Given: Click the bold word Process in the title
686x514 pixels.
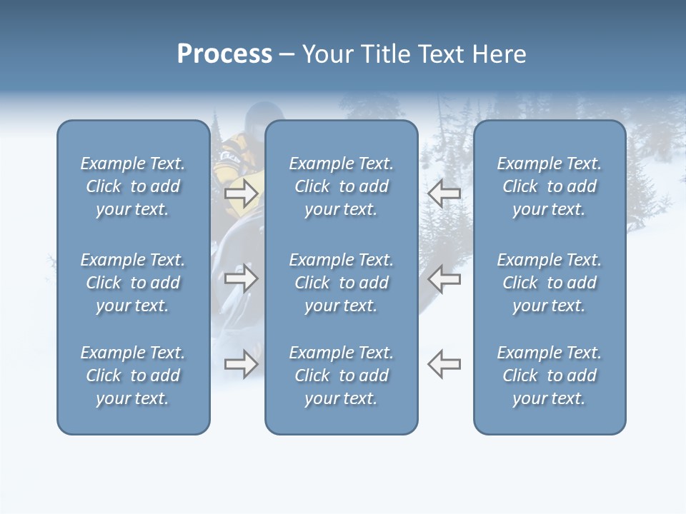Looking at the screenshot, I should tap(224, 54).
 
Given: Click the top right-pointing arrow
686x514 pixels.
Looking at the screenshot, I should tap(241, 193).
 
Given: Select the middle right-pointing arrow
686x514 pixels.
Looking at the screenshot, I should tap(241, 278).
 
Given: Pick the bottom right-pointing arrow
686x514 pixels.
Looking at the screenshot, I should tap(241, 364).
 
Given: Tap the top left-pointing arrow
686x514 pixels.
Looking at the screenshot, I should tap(444, 193).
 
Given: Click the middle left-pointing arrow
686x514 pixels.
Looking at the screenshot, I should tap(444, 278).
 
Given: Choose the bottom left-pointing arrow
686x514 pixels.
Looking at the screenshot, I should tap(444, 364).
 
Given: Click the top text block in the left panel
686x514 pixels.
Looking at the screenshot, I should tap(133, 186).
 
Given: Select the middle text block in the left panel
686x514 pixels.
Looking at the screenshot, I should tap(133, 283).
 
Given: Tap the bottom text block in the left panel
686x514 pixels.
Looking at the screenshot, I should tap(133, 376).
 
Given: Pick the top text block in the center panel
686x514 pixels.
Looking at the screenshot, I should tap(341, 186).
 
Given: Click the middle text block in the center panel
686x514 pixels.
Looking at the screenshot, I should tap(341, 283).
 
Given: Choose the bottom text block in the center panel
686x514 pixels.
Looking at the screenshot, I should tap(341, 376).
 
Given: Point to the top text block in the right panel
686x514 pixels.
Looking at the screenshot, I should tap(549, 186).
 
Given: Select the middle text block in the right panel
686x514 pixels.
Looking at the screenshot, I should tap(549, 283).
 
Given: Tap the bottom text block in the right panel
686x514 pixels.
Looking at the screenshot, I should tap(549, 376).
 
